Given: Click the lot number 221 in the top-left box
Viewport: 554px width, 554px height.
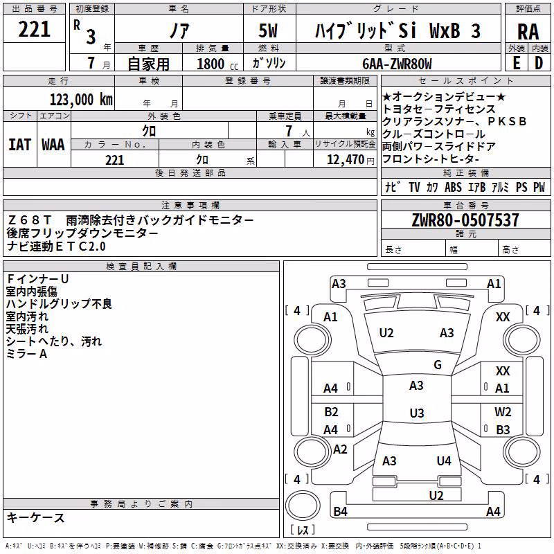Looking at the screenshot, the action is click(34, 29).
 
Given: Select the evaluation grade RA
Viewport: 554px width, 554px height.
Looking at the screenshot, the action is click(528, 32).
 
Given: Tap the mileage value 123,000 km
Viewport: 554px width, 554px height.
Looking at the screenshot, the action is click(81, 100).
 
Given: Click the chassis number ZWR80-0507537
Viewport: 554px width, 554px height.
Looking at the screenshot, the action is click(465, 220).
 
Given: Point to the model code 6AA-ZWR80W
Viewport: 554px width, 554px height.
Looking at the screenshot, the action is click(397, 64).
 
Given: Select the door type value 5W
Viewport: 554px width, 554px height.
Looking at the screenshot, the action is click(268, 30).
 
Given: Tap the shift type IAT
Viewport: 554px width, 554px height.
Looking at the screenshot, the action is click(19, 145).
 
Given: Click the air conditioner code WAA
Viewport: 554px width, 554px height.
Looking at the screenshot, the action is click(53, 145).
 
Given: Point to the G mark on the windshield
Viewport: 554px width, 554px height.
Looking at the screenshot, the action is click(438, 364).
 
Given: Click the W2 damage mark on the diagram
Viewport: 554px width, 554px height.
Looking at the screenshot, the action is click(503, 411).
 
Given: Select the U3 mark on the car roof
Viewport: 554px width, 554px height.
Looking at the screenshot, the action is click(417, 413).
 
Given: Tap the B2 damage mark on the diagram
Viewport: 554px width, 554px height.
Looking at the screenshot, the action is click(332, 411).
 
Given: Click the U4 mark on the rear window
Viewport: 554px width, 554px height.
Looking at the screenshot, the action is click(444, 461).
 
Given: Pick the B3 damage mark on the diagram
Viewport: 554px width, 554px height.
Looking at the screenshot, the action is click(503, 429).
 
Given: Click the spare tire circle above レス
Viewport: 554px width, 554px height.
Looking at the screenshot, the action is click(303, 506).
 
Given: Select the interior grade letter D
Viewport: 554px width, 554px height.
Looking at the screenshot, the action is click(539, 63).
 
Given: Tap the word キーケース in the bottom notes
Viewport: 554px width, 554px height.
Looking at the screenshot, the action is click(36, 517).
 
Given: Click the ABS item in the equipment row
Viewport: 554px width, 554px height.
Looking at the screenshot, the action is click(453, 187).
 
